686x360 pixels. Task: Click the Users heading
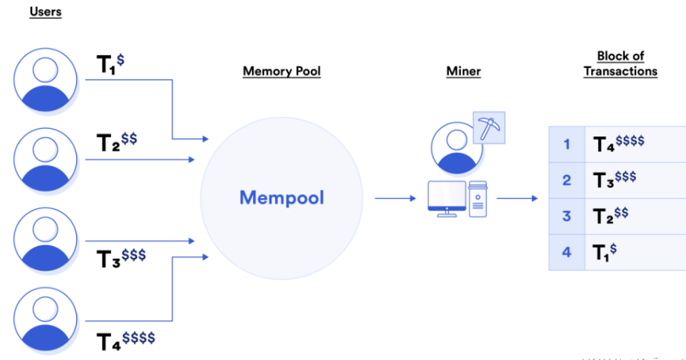pos(45,12)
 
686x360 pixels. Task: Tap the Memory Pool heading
pos(281,72)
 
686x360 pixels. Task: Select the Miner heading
pos(463,72)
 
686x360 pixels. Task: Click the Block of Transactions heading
pos(620,63)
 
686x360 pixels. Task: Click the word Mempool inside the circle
pos(282,198)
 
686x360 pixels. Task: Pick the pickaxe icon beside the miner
pos(489,128)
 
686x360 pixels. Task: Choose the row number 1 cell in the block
pos(567,144)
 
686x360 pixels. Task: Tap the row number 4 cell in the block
pos(567,252)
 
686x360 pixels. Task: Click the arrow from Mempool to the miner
pos(394,198)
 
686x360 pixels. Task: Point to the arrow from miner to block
pos(517,198)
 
